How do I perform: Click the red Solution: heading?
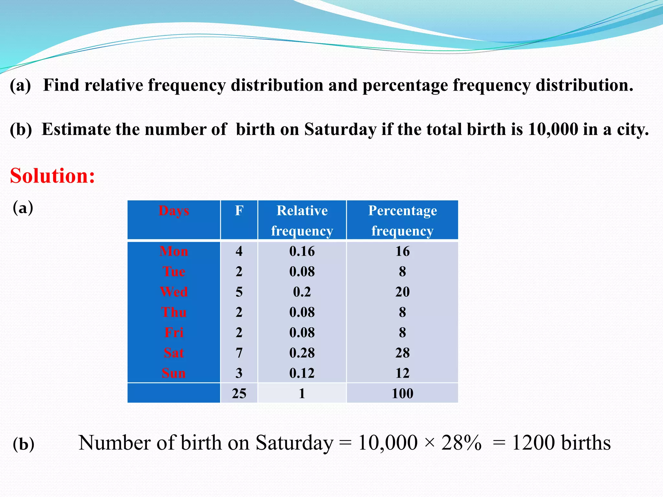(52, 176)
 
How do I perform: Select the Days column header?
(174, 211)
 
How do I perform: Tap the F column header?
(239, 211)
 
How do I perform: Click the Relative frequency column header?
(302, 220)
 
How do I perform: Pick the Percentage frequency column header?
(402, 220)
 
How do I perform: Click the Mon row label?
(174, 251)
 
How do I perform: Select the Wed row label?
(174, 292)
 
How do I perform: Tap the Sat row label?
(174, 353)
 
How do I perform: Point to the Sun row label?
(174, 373)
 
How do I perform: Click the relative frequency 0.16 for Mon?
(302, 251)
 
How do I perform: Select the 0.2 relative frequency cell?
(302, 292)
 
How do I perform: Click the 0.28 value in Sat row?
(302, 353)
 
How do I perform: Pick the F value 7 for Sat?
(239, 353)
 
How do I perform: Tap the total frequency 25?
(239, 393)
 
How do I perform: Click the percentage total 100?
(402, 393)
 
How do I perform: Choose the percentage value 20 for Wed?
(402, 292)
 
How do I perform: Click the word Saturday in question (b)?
(340, 130)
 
